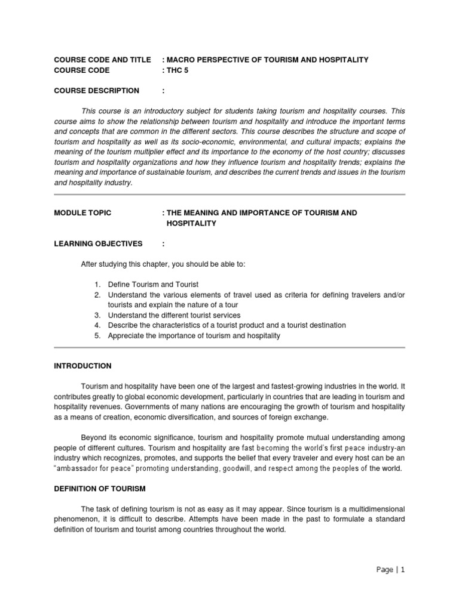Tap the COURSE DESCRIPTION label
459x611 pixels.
(96, 91)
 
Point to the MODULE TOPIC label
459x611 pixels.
(82, 213)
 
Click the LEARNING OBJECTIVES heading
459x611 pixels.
(98, 243)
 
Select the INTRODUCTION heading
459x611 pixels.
(82, 366)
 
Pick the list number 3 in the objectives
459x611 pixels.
(97, 315)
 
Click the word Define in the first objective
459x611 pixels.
(118, 285)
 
